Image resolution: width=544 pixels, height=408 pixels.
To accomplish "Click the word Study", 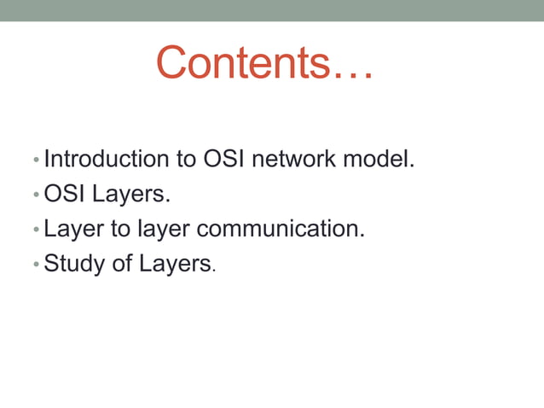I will pyautogui.click(x=70, y=263).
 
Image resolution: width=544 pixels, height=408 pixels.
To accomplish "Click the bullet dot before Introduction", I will pyautogui.click(x=35, y=160).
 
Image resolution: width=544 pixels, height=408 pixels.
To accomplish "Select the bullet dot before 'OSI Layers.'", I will pyautogui.click(x=35, y=195).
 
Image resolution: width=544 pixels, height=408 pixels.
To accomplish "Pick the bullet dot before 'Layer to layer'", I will pyautogui.click(x=35, y=230).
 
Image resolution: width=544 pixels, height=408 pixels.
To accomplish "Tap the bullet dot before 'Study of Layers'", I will pyautogui.click(x=35, y=265).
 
